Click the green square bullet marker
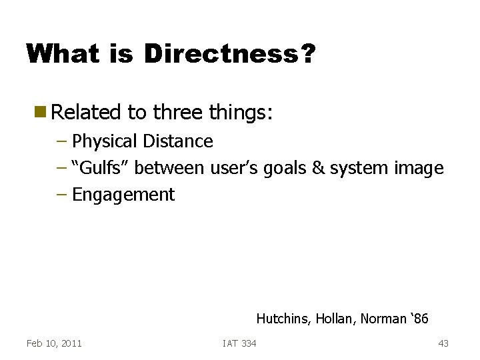click(x=41, y=112)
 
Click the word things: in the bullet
click(x=241, y=113)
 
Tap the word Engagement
click(x=123, y=195)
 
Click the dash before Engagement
click(x=63, y=195)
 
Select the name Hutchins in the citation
click(x=283, y=319)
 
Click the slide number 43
click(x=443, y=343)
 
